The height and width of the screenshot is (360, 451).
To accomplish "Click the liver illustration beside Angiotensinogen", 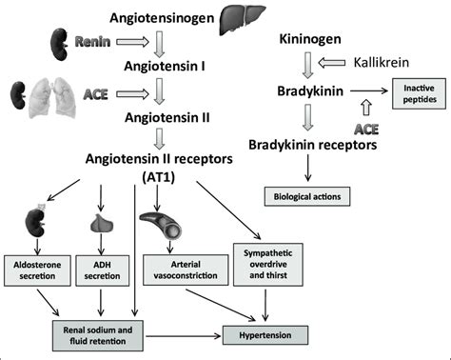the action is click(243, 20).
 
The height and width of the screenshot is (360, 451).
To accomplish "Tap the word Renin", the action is click(92, 42).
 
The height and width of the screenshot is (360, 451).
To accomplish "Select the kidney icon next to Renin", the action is click(59, 44).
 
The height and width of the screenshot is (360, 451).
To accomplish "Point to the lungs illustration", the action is click(52, 97).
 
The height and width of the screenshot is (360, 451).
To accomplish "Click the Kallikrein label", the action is click(382, 63).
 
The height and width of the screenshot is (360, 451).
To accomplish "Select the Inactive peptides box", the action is click(419, 93).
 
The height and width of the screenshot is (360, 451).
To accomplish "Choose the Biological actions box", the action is click(307, 196).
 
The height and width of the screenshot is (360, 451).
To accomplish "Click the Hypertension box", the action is click(265, 335).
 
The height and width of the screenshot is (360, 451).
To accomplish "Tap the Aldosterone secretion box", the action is click(37, 270).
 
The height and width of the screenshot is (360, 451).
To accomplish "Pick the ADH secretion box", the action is click(102, 270).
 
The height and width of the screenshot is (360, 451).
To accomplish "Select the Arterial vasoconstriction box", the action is click(186, 270).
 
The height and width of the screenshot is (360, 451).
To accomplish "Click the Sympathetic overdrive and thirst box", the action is click(268, 265).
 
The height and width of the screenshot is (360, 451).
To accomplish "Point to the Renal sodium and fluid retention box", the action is click(98, 335).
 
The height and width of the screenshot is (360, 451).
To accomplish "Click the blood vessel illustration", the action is click(161, 225).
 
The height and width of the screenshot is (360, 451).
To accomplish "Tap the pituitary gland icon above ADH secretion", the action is click(102, 223).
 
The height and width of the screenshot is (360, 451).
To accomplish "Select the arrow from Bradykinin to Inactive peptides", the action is click(369, 91).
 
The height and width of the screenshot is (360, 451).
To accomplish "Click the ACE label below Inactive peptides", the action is click(366, 130).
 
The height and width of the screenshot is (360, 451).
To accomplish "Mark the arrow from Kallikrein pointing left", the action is click(331, 63).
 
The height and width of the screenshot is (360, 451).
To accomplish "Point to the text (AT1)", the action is click(159, 177).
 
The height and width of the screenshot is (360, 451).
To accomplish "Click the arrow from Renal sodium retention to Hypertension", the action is click(184, 336).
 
